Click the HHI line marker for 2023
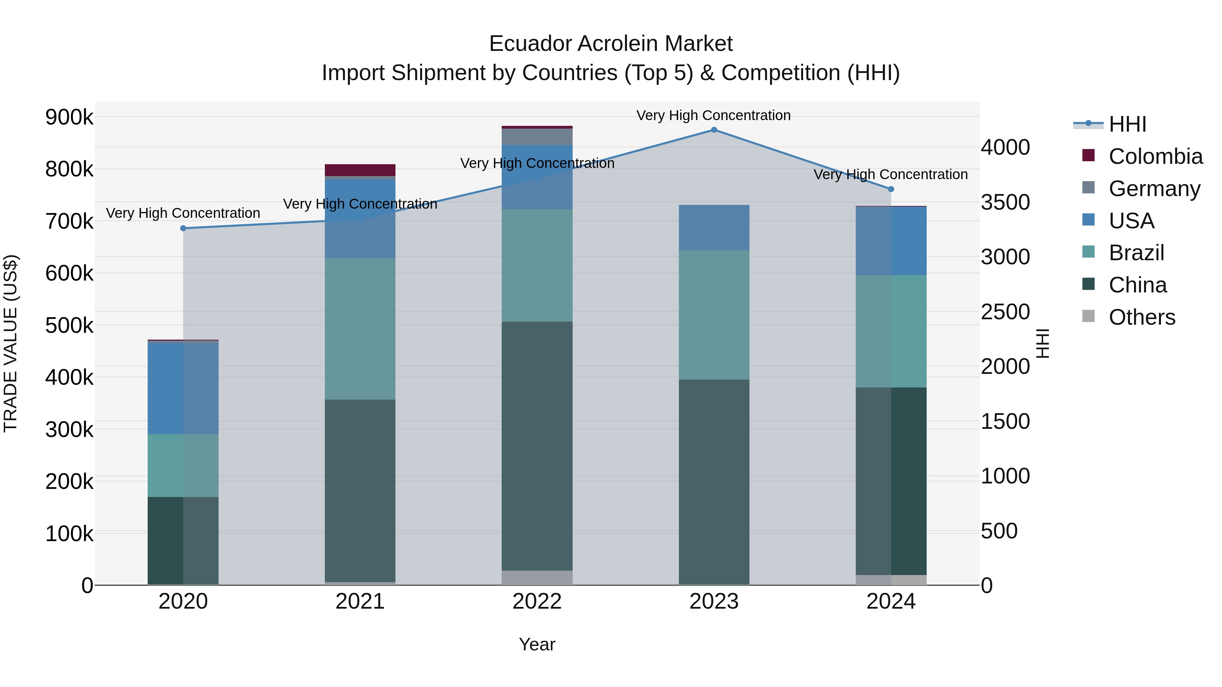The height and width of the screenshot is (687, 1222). click(x=714, y=130)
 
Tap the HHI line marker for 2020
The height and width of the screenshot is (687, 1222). click(x=183, y=228)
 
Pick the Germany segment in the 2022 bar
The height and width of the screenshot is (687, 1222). click(x=537, y=136)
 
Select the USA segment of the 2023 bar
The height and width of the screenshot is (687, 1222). click(x=714, y=228)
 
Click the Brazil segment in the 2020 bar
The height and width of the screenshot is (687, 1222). click(x=183, y=465)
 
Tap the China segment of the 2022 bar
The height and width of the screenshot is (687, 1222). click(x=537, y=446)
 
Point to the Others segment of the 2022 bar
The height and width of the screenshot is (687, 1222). click(x=537, y=577)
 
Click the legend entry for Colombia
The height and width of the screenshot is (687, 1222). click(x=1155, y=156)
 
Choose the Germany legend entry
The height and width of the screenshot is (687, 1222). click(x=1154, y=189)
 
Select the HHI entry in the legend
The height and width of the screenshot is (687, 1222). click(x=1127, y=124)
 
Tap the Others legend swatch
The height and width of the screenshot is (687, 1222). click(x=1088, y=316)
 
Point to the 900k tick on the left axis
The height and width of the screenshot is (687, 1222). click(x=69, y=117)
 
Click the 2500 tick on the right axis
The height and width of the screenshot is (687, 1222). click(x=1005, y=312)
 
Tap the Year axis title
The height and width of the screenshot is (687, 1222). click(x=537, y=644)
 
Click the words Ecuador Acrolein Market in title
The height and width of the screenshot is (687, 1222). click(x=611, y=44)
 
